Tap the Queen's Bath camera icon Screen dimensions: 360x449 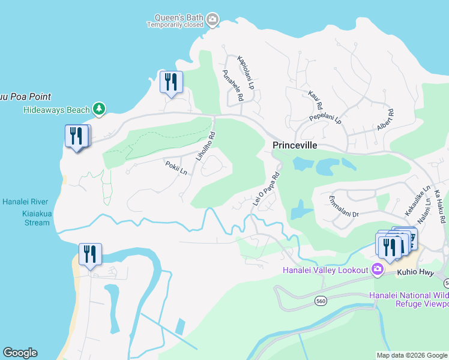pyautogui.click(x=212, y=21)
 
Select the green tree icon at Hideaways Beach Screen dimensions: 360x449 pyautogui.click(x=99, y=109)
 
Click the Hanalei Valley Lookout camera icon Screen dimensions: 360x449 pyautogui.click(x=378, y=270)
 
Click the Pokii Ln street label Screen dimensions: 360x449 pyautogui.click(x=176, y=167)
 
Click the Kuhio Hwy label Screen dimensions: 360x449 pyautogui.click(x=415, y=272)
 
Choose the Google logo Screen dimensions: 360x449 pyautogui.click(x=20, y=353)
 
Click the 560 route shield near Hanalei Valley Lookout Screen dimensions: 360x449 pyautogui.click(x=321, y=301)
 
